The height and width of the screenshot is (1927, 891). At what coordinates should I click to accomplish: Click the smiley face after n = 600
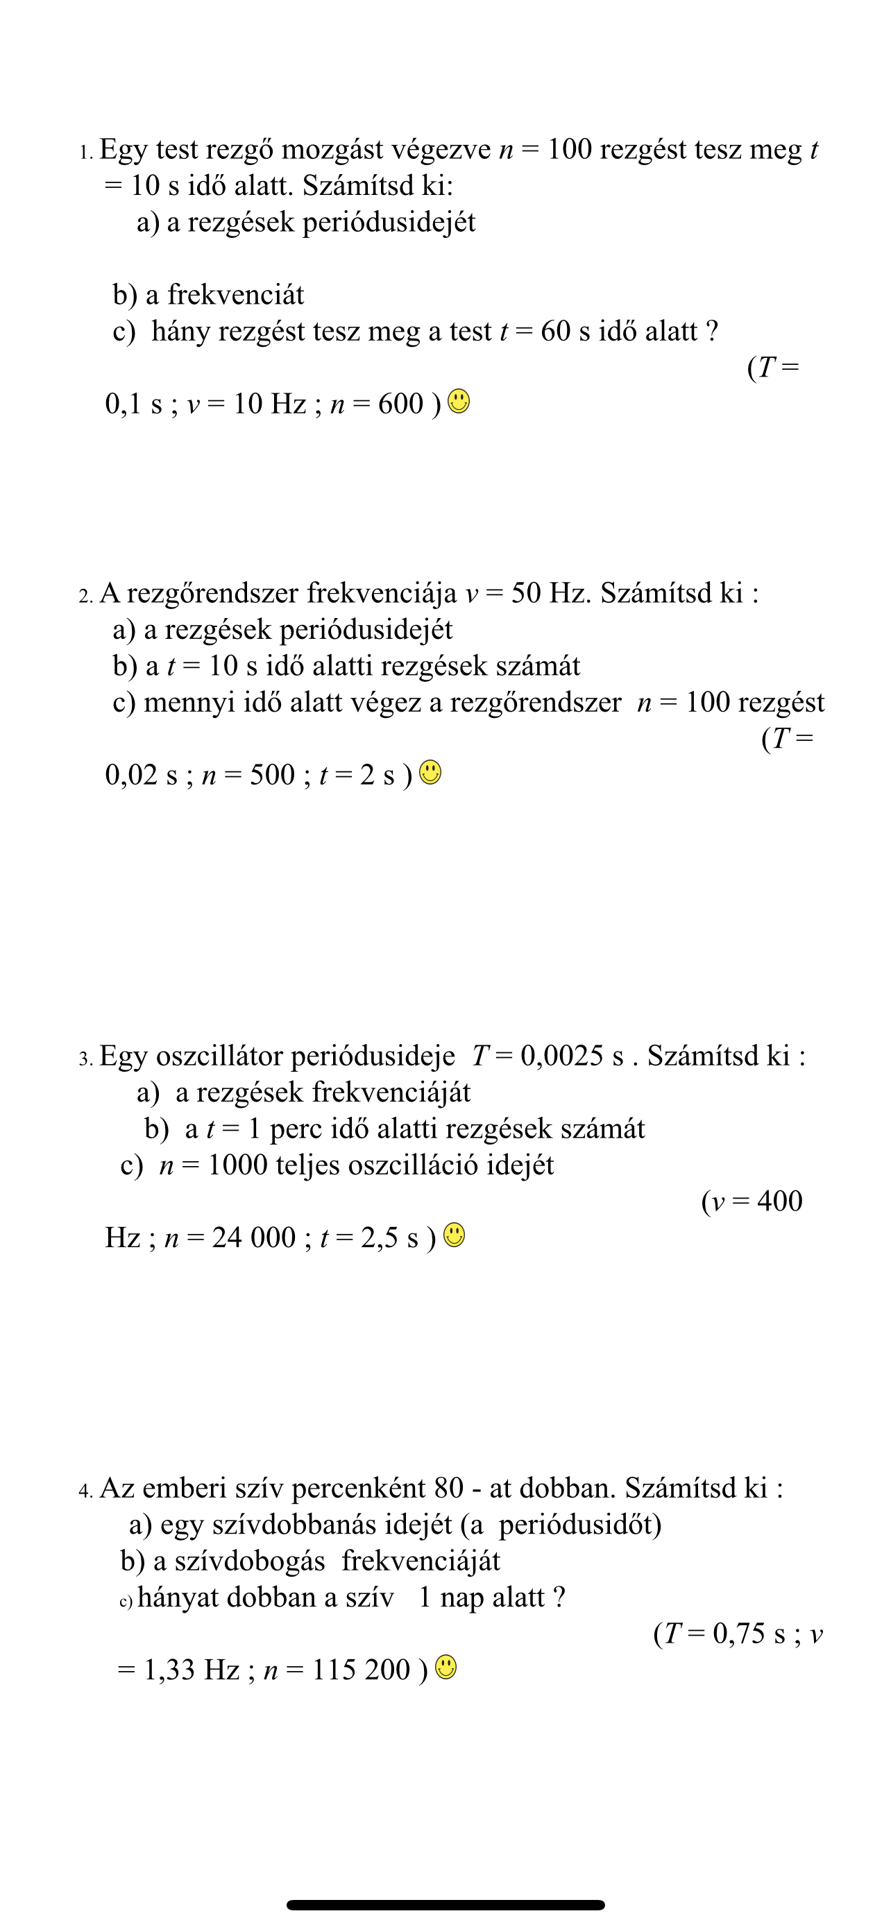[459, 402]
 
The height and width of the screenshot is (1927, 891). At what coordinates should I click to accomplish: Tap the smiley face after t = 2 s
[430, 772]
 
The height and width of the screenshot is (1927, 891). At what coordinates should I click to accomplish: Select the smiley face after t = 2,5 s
[454, 1235]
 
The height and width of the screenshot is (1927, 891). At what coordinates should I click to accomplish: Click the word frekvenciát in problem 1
[235, 295]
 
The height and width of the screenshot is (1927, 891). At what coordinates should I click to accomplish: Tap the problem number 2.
[85, 595]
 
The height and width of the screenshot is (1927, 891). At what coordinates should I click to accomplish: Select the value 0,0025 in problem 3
[561, 1056]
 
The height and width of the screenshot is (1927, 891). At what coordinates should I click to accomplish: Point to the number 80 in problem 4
[448, 1488]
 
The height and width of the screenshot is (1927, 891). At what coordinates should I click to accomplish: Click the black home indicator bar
[445, 1905]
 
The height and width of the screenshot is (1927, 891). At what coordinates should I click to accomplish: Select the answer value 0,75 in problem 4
[739, 1633]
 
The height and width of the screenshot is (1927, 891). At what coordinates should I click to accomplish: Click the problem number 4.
[85, 1491]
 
